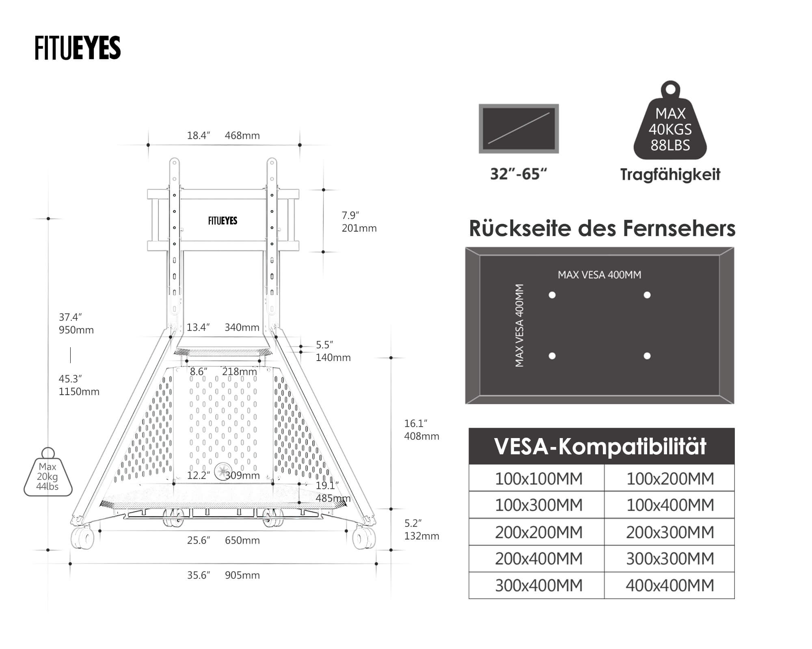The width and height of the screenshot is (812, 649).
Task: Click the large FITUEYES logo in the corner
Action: tap(78, 48)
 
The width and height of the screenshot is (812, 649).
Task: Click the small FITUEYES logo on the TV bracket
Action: tap(222, 221)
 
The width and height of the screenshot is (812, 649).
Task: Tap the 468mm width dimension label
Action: tap(242, 135)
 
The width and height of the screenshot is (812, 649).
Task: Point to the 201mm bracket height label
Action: tap(359, 228)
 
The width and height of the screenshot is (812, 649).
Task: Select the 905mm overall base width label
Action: tap(242, 575)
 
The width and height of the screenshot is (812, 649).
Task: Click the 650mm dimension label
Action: tap(242, 540)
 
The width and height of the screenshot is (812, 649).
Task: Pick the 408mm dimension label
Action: tap(421, 436)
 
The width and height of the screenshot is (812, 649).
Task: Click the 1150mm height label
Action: tap(79, 392)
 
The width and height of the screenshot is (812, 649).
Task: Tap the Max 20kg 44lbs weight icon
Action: tap(48, 475)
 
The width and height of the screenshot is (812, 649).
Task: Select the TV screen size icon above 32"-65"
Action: tap(518, 129)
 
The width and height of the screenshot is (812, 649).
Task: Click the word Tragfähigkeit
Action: tap(670, 174)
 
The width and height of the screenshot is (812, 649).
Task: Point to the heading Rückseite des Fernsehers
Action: tap(602, 228)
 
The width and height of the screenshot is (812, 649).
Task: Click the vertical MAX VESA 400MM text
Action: tap(519, 325)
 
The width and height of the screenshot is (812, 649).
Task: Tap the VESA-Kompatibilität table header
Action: tap(601, 446)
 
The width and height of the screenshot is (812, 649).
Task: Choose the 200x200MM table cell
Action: tap(538, 532)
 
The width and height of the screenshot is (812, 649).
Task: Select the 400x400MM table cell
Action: tap(669, 585)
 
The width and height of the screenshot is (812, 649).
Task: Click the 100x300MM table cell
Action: tap(538, 505)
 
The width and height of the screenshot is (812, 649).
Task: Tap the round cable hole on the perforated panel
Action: tap(222, 471)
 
